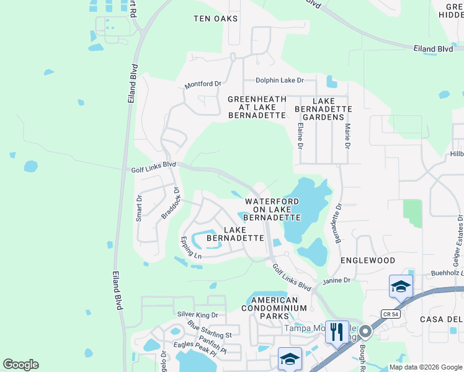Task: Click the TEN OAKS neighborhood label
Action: tap(215, 19)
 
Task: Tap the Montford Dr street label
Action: tap(203, 84)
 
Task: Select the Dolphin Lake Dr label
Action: tap(280, 81)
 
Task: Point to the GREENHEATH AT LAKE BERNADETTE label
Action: tap(257, 107)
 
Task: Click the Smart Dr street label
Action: tap(139, 208)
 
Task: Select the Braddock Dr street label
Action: tap(171, 203)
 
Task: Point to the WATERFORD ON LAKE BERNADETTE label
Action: tap(272, 210)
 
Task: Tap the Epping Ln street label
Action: tap(191, 247)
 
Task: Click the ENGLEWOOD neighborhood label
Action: tap(368, 261)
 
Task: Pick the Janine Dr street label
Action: tap(336, 281)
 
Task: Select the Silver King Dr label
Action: tap(198, 315)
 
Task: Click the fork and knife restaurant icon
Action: tap(337, 332)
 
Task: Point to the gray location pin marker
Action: tap(365, 332)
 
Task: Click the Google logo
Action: tap(20, 365)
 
